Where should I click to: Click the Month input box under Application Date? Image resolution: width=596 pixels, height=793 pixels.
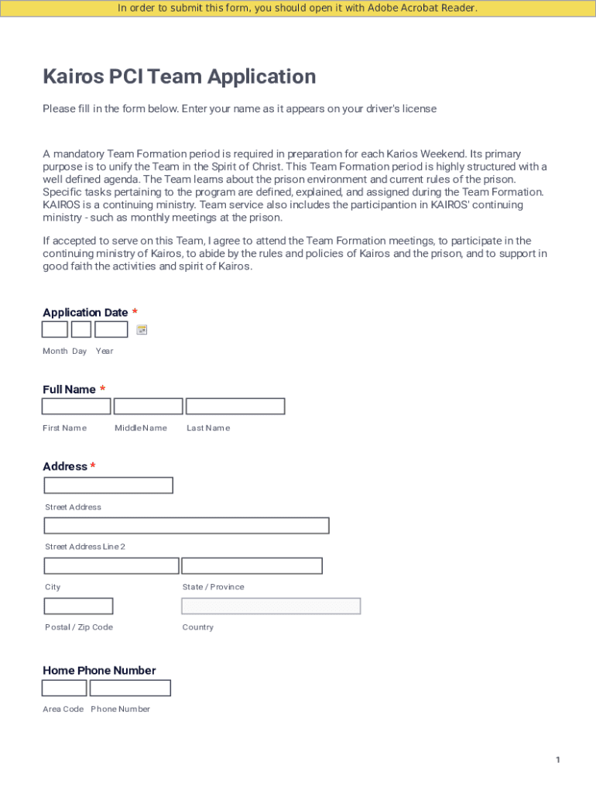point(54,330)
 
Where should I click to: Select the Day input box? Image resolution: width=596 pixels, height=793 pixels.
point(81,330)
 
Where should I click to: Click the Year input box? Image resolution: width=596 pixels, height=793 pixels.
point(111,330)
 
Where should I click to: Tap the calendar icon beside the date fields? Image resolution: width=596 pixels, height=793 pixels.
point(142,330)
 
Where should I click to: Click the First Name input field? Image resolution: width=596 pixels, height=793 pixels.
point(76,407)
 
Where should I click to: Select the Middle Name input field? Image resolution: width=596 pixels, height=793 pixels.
point(148,407)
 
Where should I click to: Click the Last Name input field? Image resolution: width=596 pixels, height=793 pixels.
point(235,407)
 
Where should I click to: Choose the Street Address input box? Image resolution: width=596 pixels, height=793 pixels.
point(108,486)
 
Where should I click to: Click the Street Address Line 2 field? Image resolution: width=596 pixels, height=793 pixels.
point(187,526)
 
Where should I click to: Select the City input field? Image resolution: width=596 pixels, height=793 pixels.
point(111,566)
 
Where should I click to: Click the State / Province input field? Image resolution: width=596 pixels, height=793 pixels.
point(252,566)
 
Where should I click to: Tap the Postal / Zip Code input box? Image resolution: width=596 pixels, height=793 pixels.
point(78,606)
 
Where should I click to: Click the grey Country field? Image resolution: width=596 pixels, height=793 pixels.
point(271,606)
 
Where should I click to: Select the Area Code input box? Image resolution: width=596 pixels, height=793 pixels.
point(64,688)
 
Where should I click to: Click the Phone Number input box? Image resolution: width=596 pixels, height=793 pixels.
point(130,688)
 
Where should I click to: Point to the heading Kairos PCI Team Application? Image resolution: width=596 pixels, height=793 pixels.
point(180,77)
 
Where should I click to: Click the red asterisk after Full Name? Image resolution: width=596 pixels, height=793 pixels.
point(103,389)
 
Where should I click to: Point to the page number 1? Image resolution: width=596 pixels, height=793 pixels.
point(557,760)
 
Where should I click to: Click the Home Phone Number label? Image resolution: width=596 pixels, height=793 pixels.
point(99,671)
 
